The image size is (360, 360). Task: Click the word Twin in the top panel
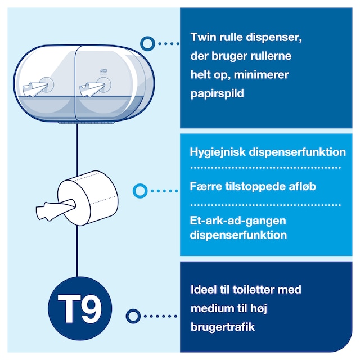tap(203, 38)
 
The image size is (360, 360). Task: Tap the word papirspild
tap(217, 94)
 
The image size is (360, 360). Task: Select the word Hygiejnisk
tap(218, 152)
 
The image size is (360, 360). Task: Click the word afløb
tap(303, 186)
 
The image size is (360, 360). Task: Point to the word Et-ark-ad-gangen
tap(238, 221)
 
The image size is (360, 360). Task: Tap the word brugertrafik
tap(223, 327)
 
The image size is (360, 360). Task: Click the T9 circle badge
tap(80, 308)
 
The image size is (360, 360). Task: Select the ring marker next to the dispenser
tap(147, 44)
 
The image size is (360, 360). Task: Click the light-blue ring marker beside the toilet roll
tap(140, 191)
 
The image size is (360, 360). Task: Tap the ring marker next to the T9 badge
tap(133, 316)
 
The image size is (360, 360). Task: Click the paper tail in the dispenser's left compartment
tap(35, 89)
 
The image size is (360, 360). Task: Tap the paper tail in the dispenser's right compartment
tap(92, 89)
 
